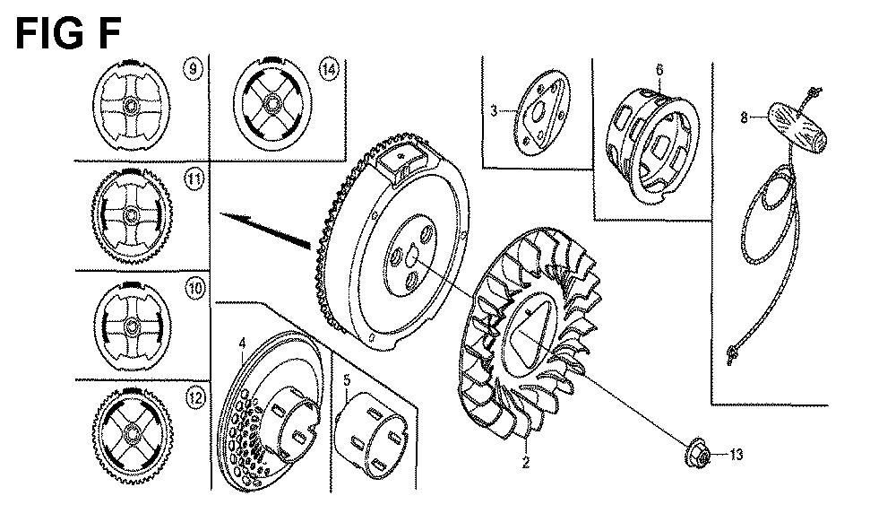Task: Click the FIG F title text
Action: point(67,34)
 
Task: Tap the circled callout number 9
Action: point(194,70)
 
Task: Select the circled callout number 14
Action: point(329,70)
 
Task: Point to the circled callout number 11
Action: point(194,179)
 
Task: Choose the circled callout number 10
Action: point(194,288)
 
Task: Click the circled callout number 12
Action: point(195,397)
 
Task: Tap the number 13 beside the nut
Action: point(736,455)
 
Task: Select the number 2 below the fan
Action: point(526,462)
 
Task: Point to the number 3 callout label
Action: point(495,111)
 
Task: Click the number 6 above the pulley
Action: point(659,70)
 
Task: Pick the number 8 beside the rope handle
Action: point(744,117)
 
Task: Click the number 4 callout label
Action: point(242,343)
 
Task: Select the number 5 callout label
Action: point(346,380)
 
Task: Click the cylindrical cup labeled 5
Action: point(370,434)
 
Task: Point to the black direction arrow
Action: point(265,231)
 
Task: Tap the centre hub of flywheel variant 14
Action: point(270,105)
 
